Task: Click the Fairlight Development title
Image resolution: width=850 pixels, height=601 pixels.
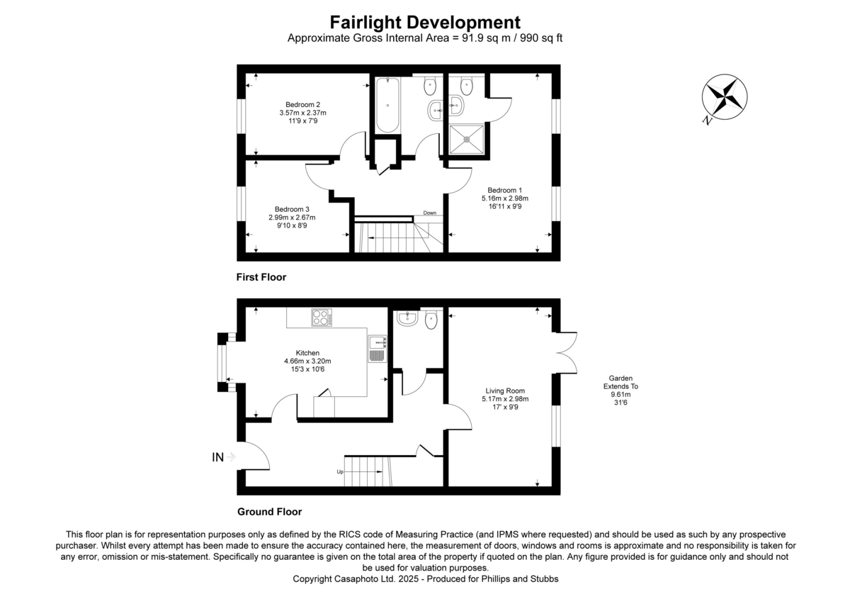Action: [425, 23]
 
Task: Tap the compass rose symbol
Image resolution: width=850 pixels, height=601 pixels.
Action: [725, 97]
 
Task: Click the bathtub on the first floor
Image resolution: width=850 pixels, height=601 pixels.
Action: [387, 106]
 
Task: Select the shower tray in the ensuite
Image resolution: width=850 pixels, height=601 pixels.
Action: [467, 141]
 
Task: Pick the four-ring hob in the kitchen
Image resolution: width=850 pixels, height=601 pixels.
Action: [322, 318]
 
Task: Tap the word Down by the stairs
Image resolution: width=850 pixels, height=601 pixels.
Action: [430, 213]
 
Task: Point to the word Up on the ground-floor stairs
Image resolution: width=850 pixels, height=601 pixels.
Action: [340, 471]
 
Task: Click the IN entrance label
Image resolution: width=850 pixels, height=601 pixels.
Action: [218, 458]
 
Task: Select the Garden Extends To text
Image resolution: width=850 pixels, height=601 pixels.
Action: [620, 387]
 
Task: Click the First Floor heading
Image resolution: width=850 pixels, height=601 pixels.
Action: [261, 277]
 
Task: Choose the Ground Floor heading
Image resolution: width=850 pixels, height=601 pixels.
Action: [269, 512]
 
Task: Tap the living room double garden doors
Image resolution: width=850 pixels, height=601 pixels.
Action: [567, 353]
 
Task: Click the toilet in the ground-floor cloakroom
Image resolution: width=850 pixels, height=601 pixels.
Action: [431, 320]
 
